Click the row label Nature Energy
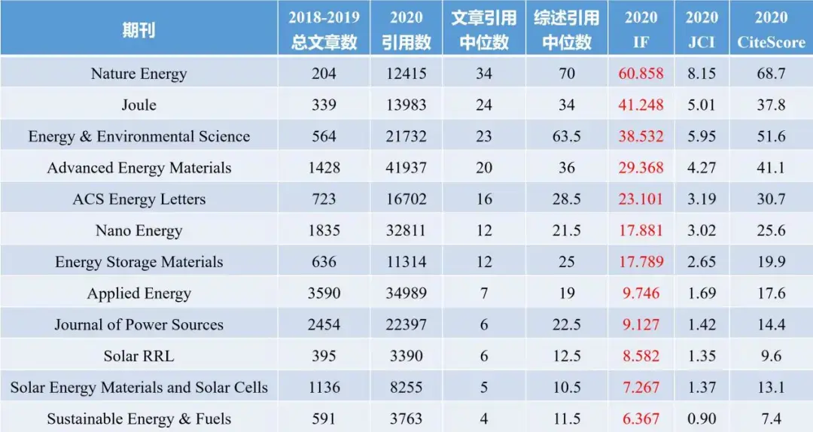click(x=139, y=73)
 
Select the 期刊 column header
click(x=139, y=30)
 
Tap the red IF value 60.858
click(x=641, y=73)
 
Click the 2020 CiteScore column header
click(x=771, y=30)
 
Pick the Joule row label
click(x=139, y=105)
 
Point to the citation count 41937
click(x=406, y=168)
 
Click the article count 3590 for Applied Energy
click(x=324, y=294)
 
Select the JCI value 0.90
click(x=702, y=419)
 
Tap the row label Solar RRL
click(x=139, y=356)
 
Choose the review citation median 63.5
click(x=567, y=136)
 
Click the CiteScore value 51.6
click(x=771, y=136)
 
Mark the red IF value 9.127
click(x=641, y=324)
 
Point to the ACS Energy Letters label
click(x=139, y=199)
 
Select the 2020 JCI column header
click(x=702, y=30)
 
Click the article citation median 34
click(x=484, y=73)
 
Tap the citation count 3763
click(x=406, y=419)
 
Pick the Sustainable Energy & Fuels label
click(x=139, y=419)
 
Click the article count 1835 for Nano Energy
click(x=324, y=230)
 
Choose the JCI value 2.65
click(x=702, y=262)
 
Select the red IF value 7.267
click(x=641, y=388)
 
